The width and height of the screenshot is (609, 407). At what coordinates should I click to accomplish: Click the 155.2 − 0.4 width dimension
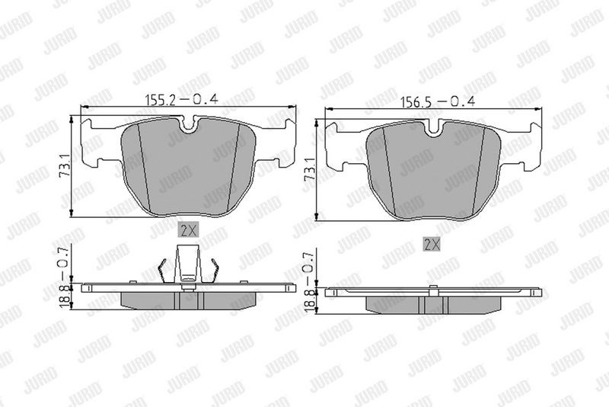[x=181, y=100]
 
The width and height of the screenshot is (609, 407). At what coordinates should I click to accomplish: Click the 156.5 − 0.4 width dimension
[x=438, y=102]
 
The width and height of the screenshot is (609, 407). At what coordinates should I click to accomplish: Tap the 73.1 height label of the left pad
[x=64, y=165]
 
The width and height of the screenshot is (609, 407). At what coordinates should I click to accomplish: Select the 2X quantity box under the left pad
[x=188, y=230]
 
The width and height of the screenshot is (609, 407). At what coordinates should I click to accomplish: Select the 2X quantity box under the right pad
[x=432, y=244]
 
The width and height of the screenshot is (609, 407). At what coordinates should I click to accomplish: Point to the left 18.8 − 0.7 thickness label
[x=65, y=276]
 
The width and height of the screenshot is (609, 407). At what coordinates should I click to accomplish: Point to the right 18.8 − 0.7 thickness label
[x=309, y=280]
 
